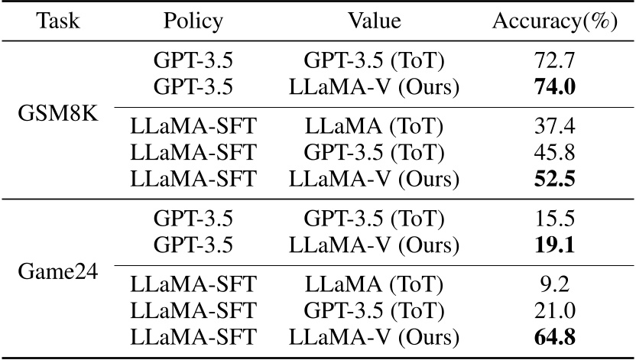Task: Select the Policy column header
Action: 193,21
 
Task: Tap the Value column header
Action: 375,21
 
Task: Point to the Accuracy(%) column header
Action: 554,21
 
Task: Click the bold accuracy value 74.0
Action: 555,86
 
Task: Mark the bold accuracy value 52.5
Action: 555,180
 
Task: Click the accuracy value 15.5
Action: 555,219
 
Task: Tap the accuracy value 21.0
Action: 555,313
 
